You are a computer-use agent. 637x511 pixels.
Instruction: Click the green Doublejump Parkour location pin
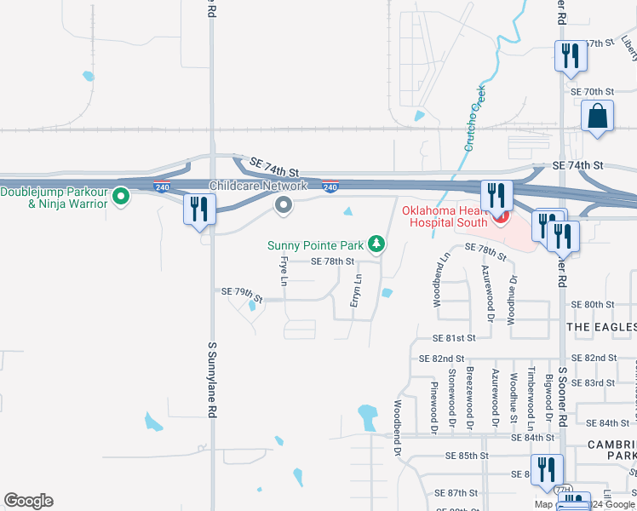click(121, 197)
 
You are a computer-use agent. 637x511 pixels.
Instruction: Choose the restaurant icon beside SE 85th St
click(545, 469)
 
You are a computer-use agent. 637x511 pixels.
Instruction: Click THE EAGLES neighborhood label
click(601, 327)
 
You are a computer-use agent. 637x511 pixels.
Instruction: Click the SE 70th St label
click(592, 92)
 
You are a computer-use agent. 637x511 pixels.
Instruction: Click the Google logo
click(28, 501)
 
